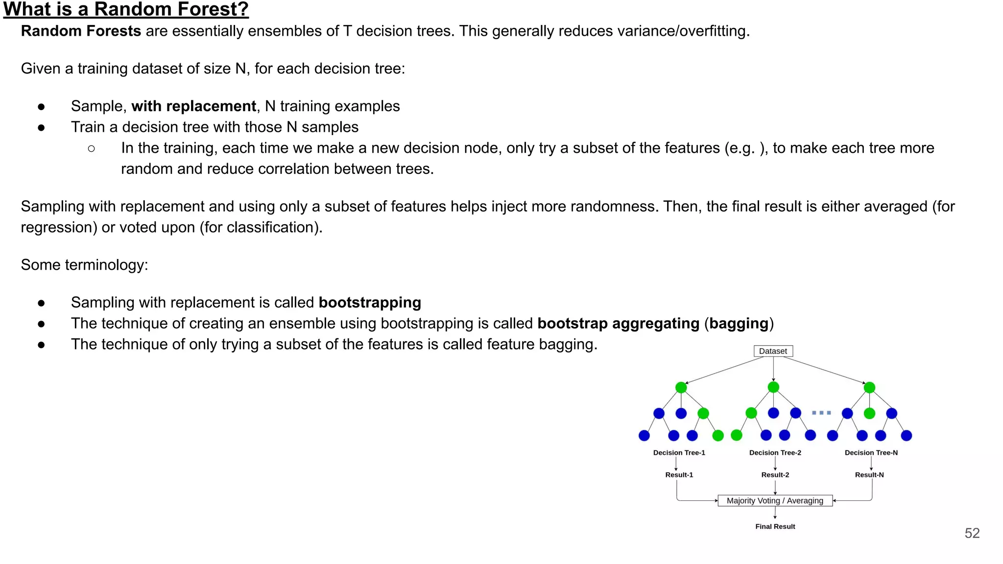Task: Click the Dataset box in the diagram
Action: [773, 351]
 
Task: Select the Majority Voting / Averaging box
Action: [775, 500]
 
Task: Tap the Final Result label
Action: [775, 526]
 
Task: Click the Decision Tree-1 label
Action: [679, 452]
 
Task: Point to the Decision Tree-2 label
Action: [775, 452]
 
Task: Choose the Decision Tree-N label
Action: [871, 452]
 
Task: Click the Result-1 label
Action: [679, 474]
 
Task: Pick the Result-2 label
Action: [775, 474]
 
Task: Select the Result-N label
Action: [869, 474]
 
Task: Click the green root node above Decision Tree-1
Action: [681, 387]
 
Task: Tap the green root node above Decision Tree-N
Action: [869, 387]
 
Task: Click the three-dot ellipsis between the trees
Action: [821, 413]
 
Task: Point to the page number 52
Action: [972, 533]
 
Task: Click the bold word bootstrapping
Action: [370, 303]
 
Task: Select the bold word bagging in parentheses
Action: [739, 324]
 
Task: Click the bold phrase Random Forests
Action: [81, 31]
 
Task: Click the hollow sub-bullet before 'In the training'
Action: [91, 148]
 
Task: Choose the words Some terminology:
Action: [84, 265]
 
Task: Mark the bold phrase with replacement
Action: [193, 106]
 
